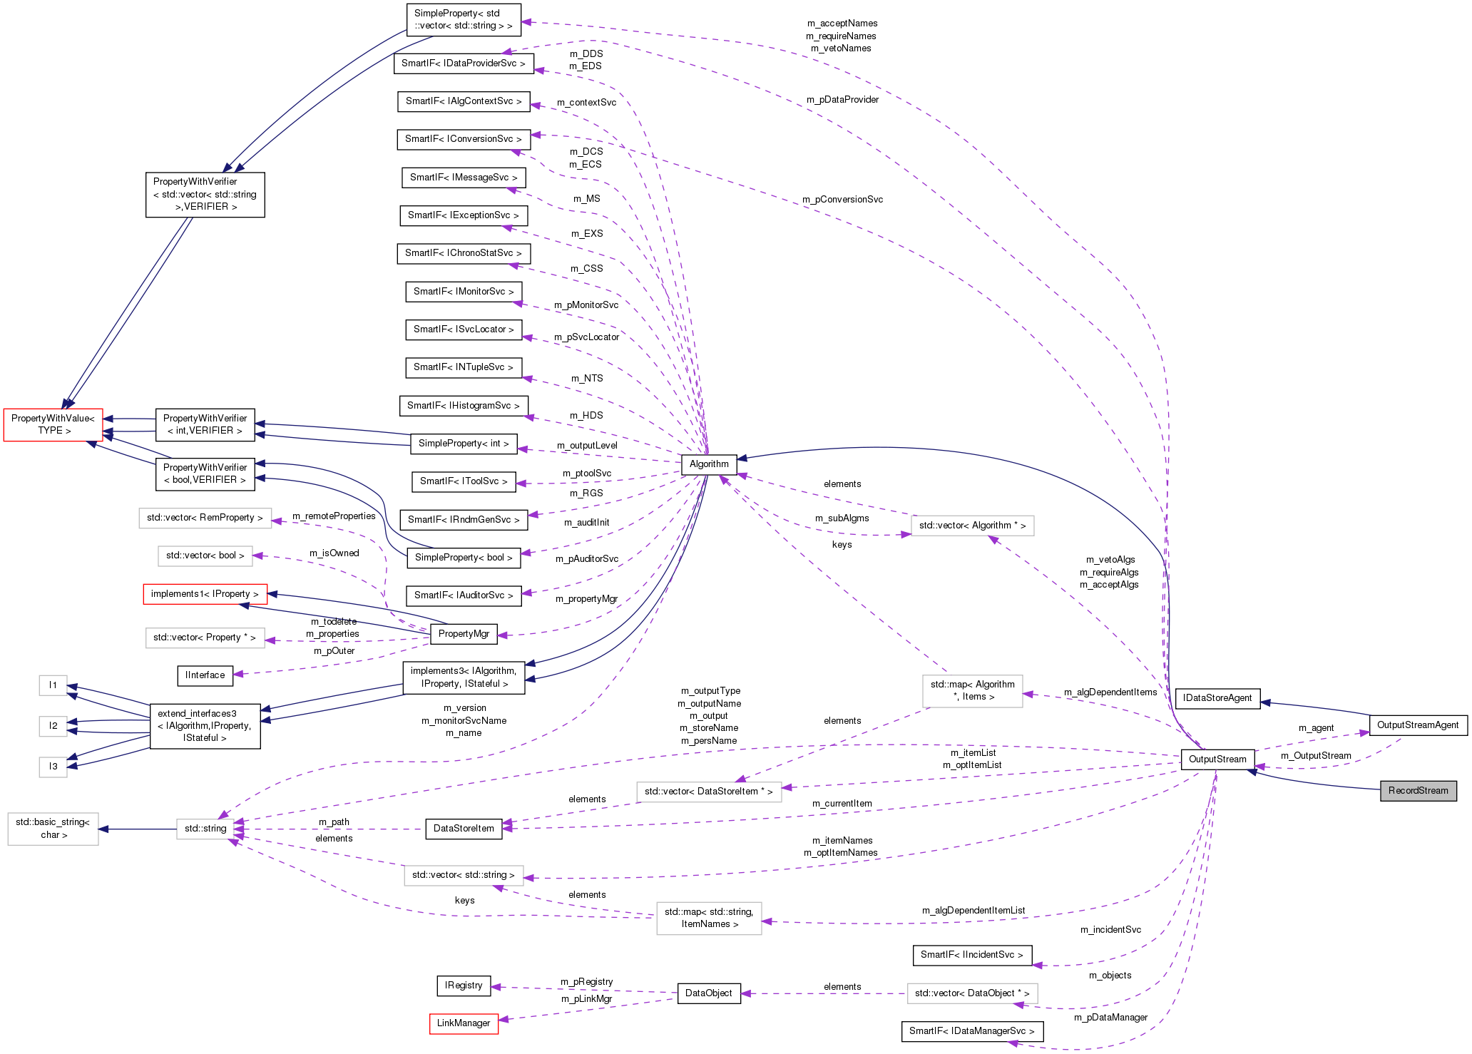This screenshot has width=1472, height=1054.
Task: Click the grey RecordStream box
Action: pos(1418,790)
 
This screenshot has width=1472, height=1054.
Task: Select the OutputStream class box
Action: pos(1217,759)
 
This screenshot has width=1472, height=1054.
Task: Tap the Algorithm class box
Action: pos(709,464)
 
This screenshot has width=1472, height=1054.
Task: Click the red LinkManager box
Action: pos(464,1023)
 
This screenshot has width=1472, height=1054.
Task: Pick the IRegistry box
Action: pos(464,986)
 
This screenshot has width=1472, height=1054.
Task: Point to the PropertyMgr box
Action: pos(464,633)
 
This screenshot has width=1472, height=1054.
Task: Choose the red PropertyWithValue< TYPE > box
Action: pos(53,424)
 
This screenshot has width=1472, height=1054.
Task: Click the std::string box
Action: pos(205,828)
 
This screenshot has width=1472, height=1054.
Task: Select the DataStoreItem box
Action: pos(464,828)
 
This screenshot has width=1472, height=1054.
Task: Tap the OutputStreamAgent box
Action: pos(1418,725)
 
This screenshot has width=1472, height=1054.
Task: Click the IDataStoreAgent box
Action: pos(1217,697)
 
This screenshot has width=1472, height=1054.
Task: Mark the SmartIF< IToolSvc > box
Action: pos(464,481)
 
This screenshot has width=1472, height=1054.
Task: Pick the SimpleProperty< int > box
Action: pos(464,443)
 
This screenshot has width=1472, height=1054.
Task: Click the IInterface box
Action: pos(205,675)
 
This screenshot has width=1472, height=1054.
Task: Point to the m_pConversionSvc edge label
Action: pos(842,200)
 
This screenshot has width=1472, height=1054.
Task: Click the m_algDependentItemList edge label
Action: pos(973,910)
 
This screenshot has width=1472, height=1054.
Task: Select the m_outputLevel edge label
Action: pos(587,445)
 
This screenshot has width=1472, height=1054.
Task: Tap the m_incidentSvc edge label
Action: pos(1110,929)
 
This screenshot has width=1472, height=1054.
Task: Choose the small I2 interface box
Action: pos(53,725)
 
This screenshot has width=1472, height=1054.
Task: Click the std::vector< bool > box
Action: pos(205,555)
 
